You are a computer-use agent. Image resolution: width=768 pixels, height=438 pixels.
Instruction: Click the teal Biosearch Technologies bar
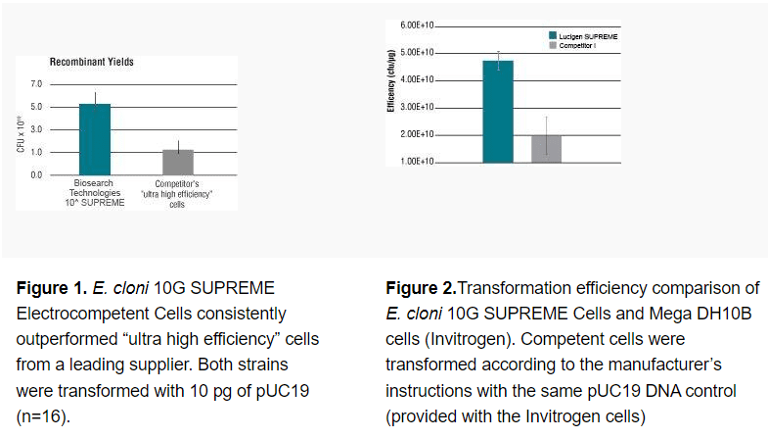tap(95, 139)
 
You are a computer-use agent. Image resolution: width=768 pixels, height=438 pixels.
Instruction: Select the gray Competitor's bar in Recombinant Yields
tap(178, 163)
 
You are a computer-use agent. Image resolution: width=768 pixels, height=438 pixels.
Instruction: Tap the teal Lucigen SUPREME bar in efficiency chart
tap(498, 111)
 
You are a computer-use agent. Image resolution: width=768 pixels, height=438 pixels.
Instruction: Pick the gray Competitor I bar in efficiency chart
tap(546, 148)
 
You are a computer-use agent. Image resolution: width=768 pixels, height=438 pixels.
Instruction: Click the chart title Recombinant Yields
tap(92, 62)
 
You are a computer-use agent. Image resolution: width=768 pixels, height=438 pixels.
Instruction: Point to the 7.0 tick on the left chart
tap(36, 84)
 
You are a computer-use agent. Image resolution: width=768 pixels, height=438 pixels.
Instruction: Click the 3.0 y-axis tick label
tap(36, 129)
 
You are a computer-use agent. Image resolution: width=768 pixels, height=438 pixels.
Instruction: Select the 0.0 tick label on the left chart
tap(36, 174)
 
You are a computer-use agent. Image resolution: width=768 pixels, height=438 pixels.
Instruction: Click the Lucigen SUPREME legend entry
tap(587, 36)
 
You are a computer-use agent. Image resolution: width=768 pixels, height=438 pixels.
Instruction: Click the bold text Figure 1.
tap(51, 289)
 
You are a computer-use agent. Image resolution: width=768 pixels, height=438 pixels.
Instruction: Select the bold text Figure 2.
tap(421, 289)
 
